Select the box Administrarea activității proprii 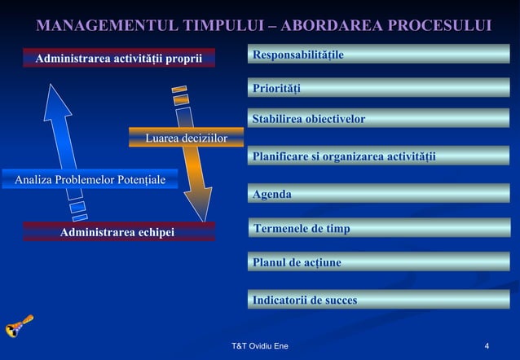click(119, 58)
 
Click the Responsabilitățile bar click(378, 55)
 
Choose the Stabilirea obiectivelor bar click(378, 119)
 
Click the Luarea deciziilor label click(187, 138)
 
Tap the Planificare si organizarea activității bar click(378, 156)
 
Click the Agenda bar click(378, 194)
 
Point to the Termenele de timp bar click(378, 229)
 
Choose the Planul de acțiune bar click(378, 262)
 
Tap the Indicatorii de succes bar click(378, 300)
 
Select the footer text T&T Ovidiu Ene click(260, 348)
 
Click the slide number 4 click(487, 348)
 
